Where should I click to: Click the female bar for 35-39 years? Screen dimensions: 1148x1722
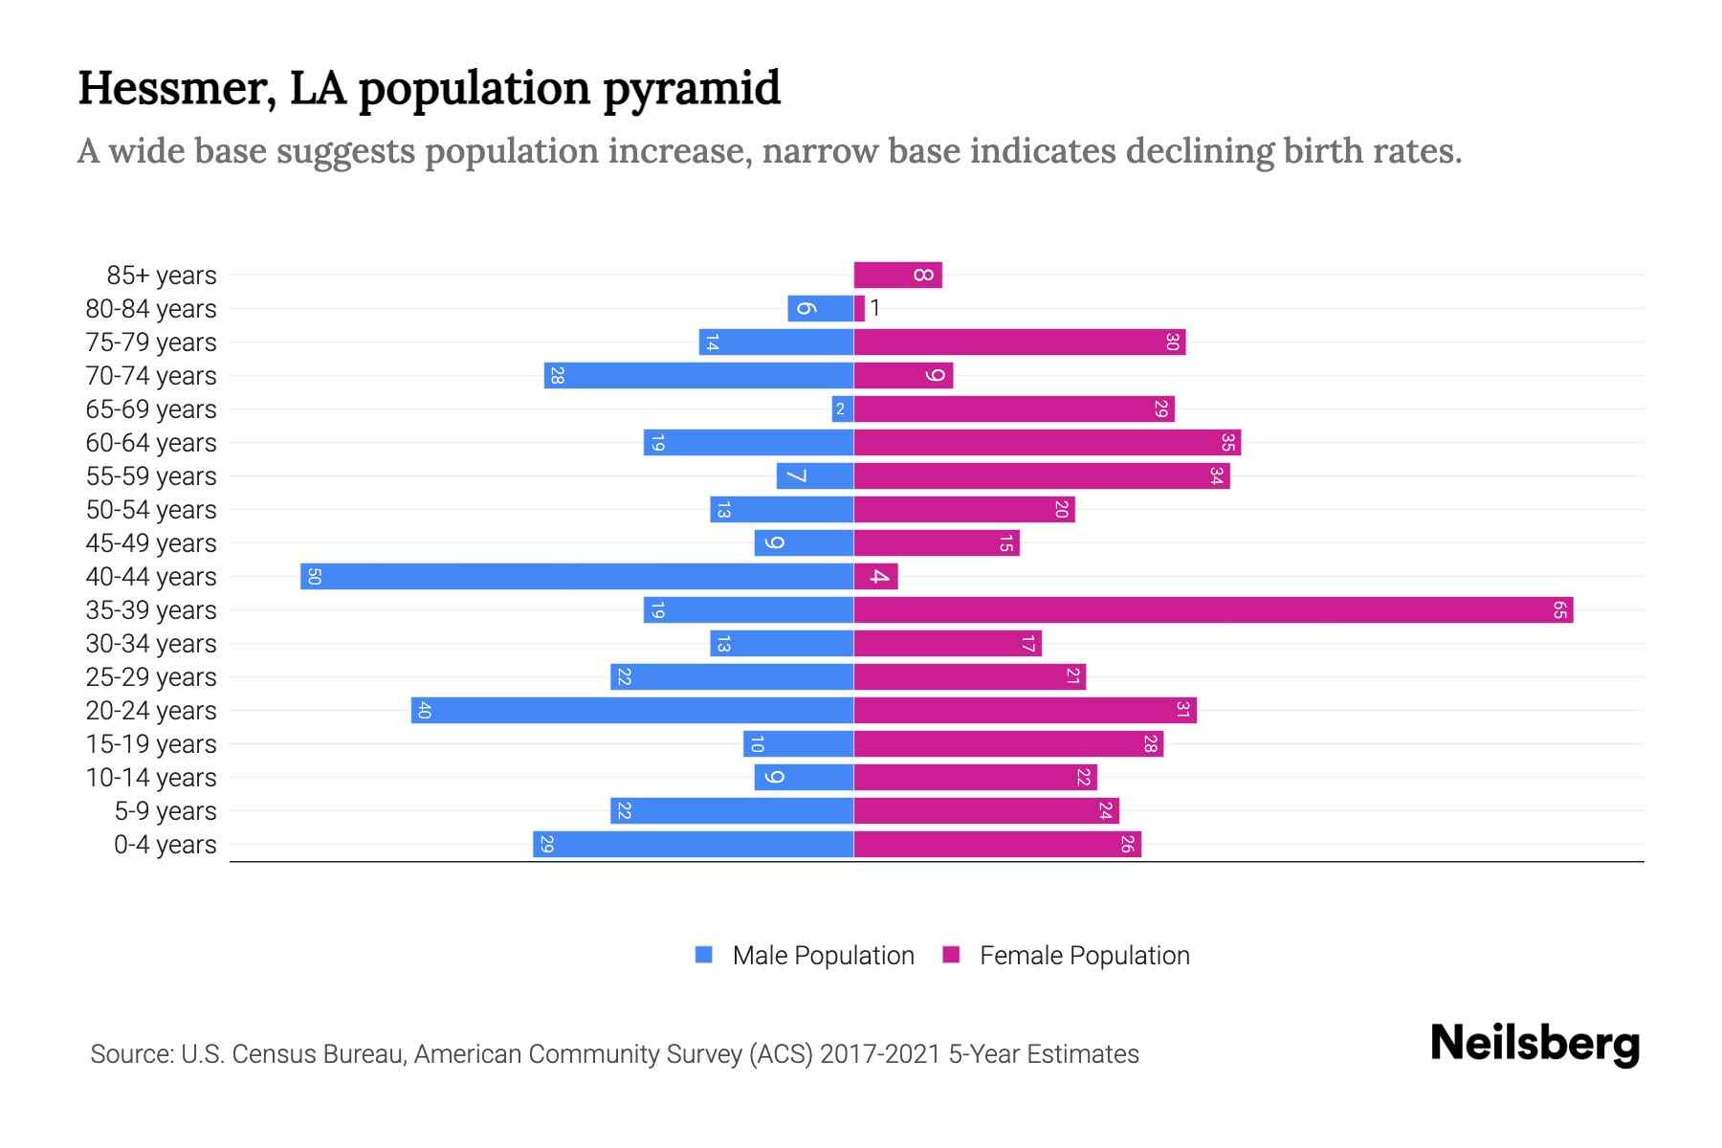click(1213, 610)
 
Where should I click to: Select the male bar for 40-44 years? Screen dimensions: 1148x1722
click(577, 577)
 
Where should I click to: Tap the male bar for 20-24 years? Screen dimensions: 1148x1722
click(632, 711)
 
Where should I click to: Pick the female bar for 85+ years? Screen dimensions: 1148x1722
click(897, 276)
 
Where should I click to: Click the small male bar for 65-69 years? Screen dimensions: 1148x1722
click(842, 409)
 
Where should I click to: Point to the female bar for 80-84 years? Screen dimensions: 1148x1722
click(859, 309)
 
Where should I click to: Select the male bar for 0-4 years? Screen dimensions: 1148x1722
click(693, 845)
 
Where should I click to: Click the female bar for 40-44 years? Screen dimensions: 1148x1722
click(875, 577)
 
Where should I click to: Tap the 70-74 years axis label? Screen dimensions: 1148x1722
click(151, 376)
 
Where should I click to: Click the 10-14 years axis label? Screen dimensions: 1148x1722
click(151, 778)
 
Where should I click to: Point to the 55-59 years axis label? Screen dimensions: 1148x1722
click(151, 476)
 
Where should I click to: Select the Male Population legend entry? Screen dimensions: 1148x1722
click(805, 956)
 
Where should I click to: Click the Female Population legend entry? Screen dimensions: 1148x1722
click(1066, 956)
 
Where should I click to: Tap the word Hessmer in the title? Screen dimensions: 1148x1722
click(177, 88)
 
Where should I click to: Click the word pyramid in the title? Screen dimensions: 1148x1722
click(692, 88)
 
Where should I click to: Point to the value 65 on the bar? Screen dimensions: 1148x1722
click(1559, 610)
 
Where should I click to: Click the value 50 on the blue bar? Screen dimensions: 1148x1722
click(314, 577)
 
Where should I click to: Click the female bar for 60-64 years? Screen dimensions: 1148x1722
click(1047, 443)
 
